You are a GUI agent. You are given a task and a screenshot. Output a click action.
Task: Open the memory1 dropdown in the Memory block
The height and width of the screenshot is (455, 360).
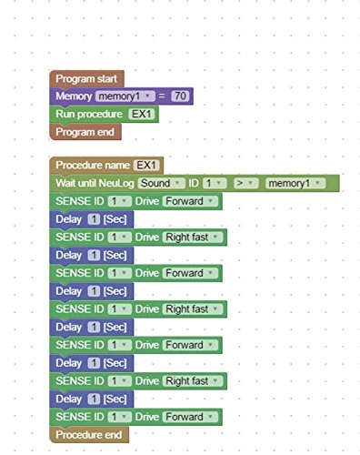[x=125, y=96]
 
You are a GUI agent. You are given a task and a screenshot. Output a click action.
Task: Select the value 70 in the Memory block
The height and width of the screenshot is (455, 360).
[x=181, y=96]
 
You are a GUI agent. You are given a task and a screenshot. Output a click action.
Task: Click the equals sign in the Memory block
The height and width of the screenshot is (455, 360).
[x=162, y=96]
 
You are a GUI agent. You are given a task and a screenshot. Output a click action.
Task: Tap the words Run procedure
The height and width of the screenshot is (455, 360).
[x=88, y=114]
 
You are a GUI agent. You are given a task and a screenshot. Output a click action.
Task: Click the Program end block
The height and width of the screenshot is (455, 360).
[x=83, y=131]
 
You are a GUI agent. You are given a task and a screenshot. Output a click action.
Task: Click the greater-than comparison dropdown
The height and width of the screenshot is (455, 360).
[x=246, y=183]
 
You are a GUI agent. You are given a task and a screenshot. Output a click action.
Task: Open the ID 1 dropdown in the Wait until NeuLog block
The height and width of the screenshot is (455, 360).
[x=215, y=183]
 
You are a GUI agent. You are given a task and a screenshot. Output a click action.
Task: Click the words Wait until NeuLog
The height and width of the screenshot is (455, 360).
[x=95, y=183]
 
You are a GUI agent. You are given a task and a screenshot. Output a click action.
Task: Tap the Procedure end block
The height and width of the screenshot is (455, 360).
[x=88, y=434]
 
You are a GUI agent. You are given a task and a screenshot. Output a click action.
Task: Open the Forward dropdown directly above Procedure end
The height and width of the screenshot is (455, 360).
[x=189, y=417]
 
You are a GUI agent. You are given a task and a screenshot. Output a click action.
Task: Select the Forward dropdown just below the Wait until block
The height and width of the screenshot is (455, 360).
[x=189, y=201]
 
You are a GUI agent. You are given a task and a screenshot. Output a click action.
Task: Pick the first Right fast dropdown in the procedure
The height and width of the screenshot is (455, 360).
[x=192, y=237]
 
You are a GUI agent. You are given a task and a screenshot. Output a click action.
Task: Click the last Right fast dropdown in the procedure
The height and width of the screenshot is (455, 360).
[x=192, y=381]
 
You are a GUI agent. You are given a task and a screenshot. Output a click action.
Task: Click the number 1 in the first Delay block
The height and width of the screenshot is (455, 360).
[x=94, y=218]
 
